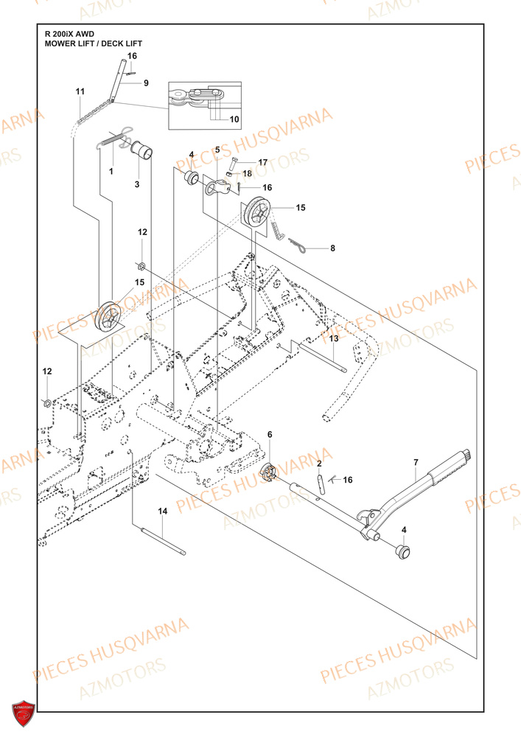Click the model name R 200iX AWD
70,34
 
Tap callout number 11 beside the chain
80,91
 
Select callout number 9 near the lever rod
146,83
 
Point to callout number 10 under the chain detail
234,119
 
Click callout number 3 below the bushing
136,184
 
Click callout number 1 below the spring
111,171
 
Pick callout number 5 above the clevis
217,150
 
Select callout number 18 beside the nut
247,173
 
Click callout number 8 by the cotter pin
332,248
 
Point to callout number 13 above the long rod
333,338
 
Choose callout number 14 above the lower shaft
163,510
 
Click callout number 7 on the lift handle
415,462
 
